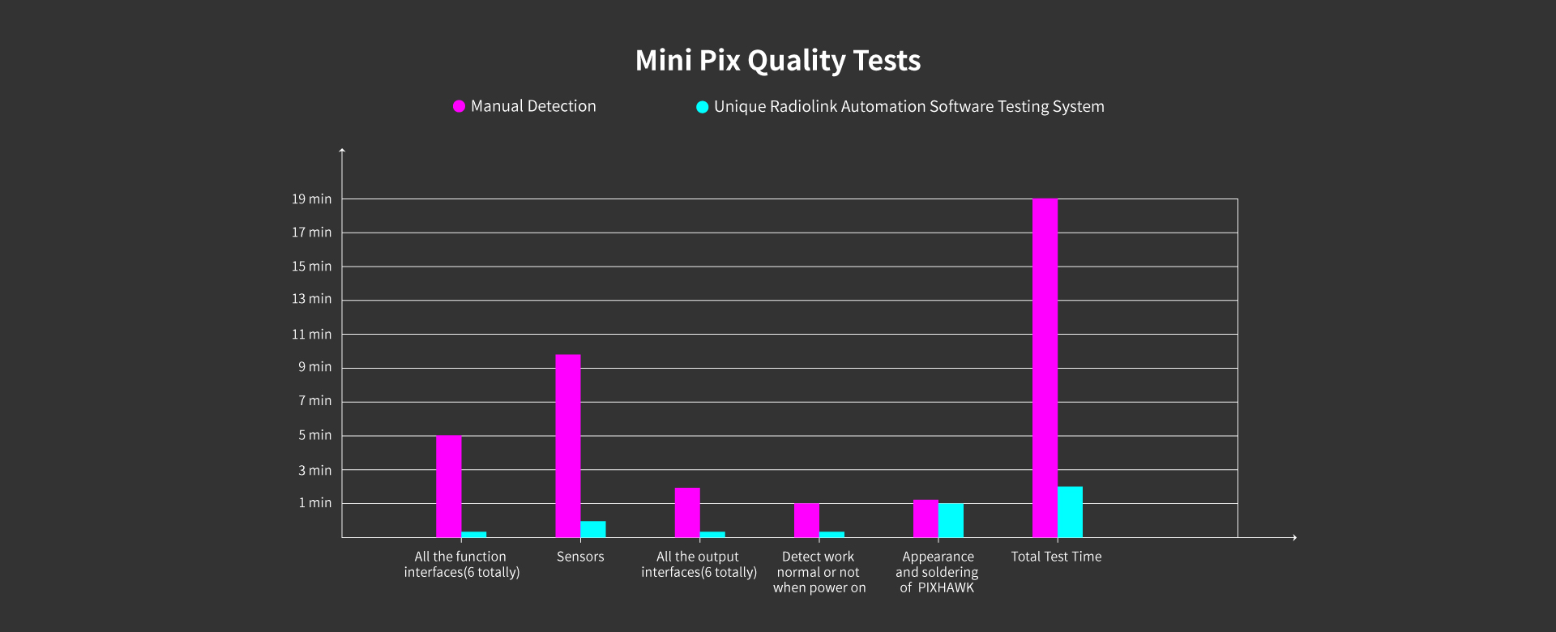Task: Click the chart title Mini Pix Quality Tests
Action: tap(778, 61)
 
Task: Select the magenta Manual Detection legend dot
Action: tap(459, 106)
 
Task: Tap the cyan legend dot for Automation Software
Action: tap(703, 107)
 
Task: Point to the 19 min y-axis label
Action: tap(312, 199)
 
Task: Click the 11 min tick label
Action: tap(312, 334)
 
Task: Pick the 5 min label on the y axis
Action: tap(315, 435)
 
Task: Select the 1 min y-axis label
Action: tap(315, 503)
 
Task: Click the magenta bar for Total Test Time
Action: tap(1045, 368)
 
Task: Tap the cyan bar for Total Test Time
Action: tap(1070, 512)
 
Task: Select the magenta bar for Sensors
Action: tap(568, 446)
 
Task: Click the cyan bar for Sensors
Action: tap(593, 529)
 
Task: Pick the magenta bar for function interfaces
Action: tap(448, 486)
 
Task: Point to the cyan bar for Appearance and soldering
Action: tap(951, 520)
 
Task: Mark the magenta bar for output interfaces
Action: tap(687, 512)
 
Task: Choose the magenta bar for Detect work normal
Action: tap(806, 520)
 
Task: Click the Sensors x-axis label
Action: tap(580, 557)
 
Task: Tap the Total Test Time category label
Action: tap(1056, 557)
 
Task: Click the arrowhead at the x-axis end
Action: tap(1294, 537)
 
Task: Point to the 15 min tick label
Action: tap(312, 267)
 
